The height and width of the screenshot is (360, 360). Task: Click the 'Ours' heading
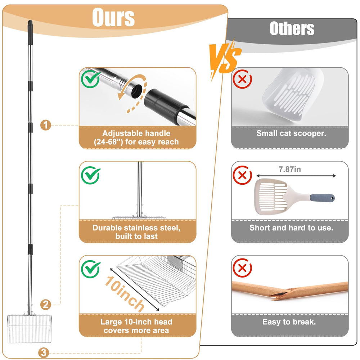point(113,17)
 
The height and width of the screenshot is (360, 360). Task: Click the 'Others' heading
point(292,28)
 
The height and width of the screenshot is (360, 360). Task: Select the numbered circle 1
point(45,125)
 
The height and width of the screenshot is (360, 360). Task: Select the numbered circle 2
point(45,305)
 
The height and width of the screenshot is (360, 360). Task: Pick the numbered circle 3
point(44,353)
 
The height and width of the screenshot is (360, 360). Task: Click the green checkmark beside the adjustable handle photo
point(90,79)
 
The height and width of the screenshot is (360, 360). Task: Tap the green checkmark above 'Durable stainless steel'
point(90,175)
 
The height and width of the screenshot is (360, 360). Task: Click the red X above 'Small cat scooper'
point(242,79)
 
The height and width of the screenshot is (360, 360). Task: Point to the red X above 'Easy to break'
point(242,268)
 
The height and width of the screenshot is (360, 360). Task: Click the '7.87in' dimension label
point(290,170)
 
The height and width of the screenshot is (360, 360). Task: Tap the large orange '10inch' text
point(125,294)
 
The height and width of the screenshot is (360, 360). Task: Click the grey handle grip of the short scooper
point(322,198)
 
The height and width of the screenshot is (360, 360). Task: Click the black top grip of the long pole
point(30,32)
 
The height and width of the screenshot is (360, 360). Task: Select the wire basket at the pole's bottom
point(30,329)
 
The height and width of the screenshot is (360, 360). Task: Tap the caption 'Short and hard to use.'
point(291,228)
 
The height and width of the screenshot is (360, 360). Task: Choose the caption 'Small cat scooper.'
point(291,134)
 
